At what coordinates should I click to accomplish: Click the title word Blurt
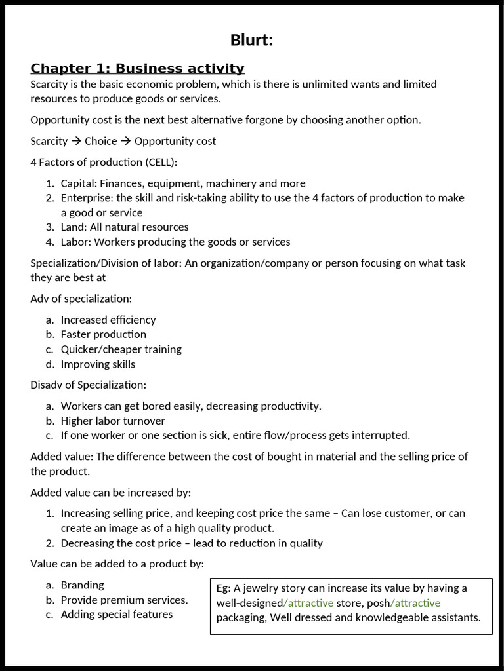pos(251,40)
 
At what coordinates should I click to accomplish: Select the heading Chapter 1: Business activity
pos(137,69)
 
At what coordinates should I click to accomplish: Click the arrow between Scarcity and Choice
pos(76,141)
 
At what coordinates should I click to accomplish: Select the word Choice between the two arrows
pos(100,141)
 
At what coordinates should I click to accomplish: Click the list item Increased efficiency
pos(108,320)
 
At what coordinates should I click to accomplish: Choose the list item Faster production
pos(103,334)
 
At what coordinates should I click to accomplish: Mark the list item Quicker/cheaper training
pos(121,349)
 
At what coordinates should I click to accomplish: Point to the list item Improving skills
pos(98,364)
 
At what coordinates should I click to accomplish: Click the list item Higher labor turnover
pos(113,421)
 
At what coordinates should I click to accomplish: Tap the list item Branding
pos(82,585)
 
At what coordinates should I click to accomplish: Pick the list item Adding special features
pos(117,615)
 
